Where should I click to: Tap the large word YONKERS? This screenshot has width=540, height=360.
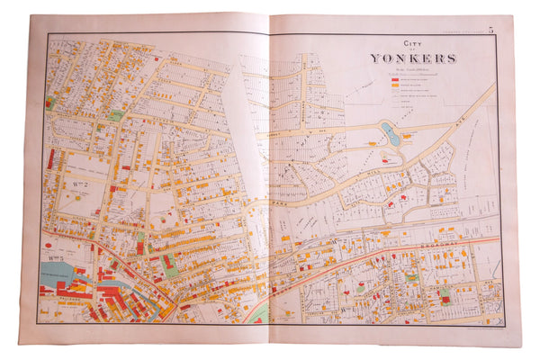tap(413, 58)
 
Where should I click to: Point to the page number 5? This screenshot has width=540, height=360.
tap(490, 31)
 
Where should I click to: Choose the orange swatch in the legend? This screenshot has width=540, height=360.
tap(393, 86)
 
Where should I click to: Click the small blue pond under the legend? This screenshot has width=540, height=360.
tap(390, 134)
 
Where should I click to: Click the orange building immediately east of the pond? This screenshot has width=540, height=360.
tap(411, 136)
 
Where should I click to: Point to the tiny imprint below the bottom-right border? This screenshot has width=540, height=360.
tap(468, 330)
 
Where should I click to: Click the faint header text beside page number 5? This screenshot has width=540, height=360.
tap(459, 32)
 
